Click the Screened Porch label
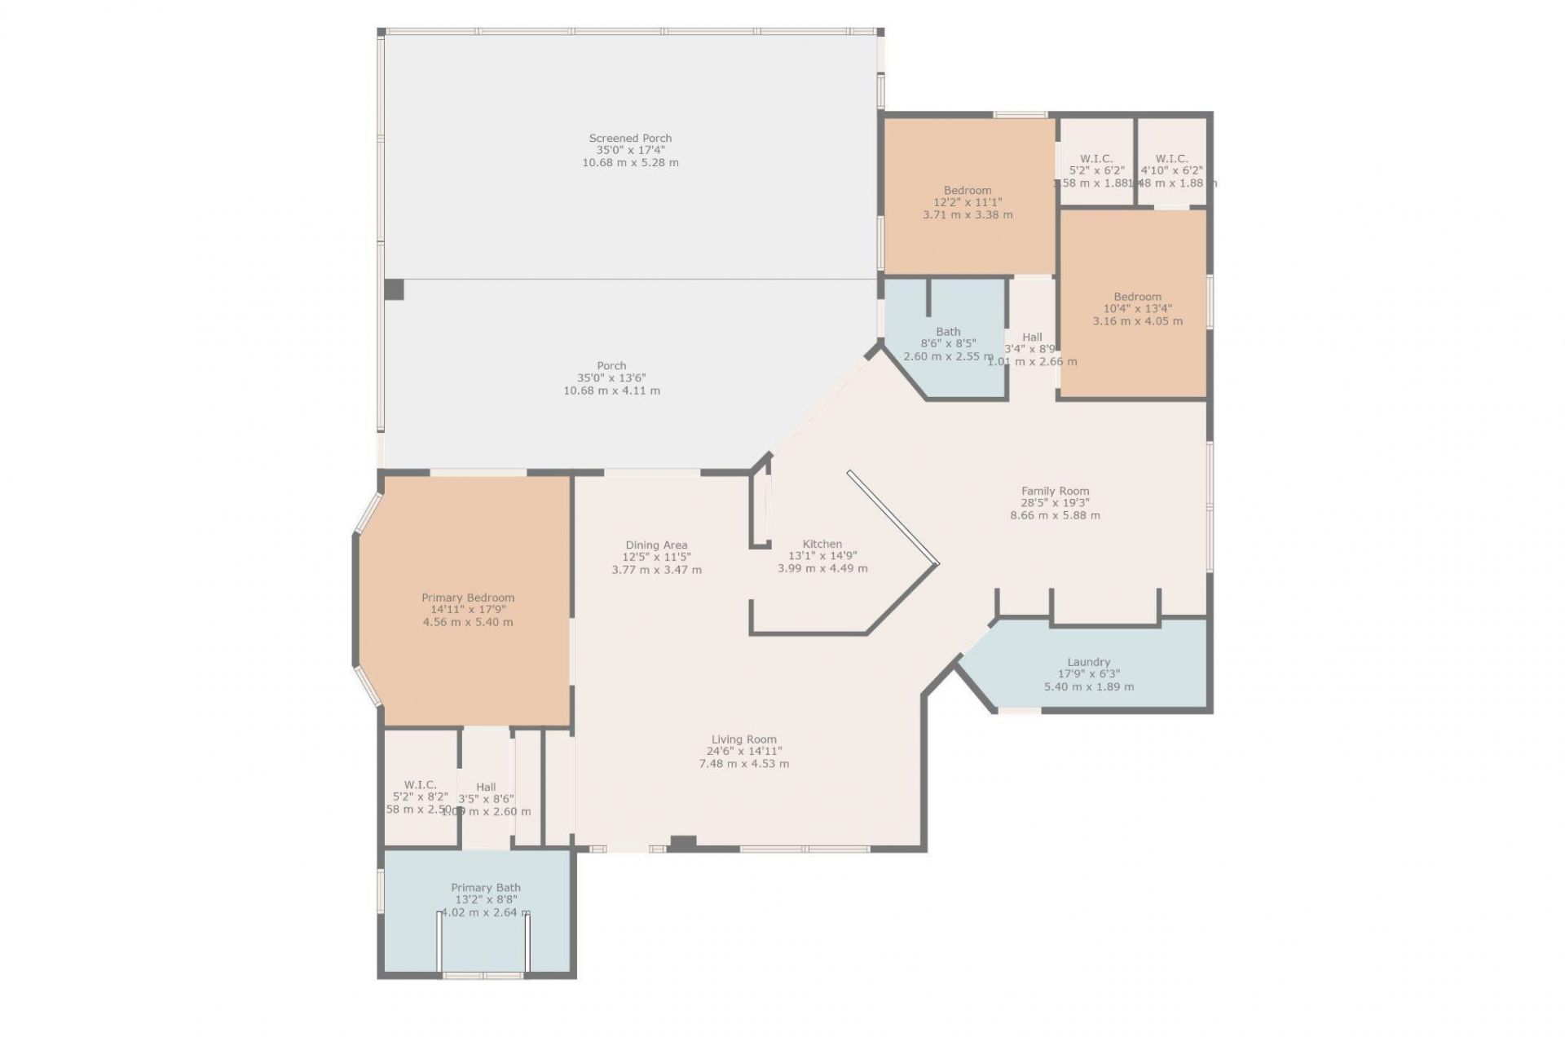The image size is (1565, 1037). tap(630, 138)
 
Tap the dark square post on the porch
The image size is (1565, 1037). tap(395, 289)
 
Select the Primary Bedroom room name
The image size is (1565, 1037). tap(468, 598)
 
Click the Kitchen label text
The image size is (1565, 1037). tap(822, 544)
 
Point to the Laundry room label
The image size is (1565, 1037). tap(1089, 662)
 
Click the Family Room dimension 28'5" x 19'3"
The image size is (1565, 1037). tap(1055, 503)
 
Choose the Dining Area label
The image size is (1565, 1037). tap(656, 545)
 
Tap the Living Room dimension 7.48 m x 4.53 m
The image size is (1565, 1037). tap(743, 764)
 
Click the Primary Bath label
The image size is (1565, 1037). tap(486, 888)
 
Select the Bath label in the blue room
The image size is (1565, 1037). tap(948, 332)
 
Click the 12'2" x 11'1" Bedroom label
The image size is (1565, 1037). tap(968, 191)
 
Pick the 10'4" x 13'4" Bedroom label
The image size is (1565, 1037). tap(1137, 297)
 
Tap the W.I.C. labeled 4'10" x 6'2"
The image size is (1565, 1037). tap(1171, 159)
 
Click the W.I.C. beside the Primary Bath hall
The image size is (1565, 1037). tap(420, 785)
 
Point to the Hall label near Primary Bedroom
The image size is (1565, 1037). tap(486, 788)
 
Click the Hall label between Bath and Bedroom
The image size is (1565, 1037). tap(1032, 337)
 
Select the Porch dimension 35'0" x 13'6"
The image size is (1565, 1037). tap(611, 378)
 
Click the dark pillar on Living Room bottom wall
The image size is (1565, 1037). tap(683, 844)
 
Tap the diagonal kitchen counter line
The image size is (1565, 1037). tap(893, 518)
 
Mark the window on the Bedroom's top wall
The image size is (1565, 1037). tap(1020, 115)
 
